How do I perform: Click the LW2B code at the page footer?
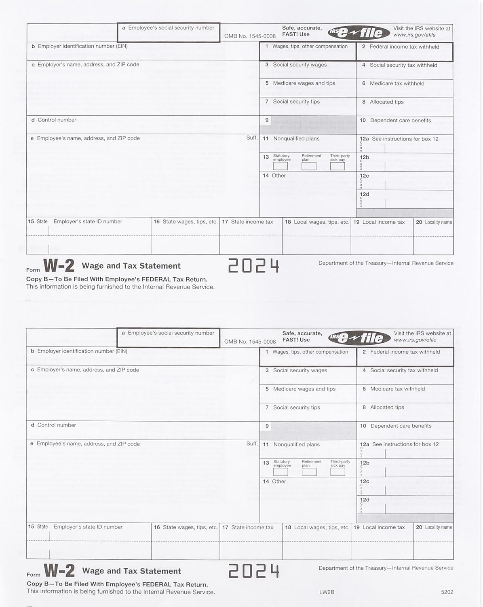[327, 592]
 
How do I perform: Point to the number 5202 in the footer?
[447, 592]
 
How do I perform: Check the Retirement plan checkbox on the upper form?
[309, 166]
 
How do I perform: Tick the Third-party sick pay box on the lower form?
[337, 471]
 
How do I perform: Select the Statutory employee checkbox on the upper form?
[281, 166]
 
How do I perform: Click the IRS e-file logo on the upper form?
[356, 32]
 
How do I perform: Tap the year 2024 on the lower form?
[254, 571]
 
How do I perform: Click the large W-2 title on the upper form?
[59, 266]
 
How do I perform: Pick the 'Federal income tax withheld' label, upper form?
[404, 47]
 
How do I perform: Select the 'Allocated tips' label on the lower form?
[387, 407]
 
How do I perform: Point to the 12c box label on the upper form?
[365, 176]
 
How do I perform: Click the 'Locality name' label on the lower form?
[439, 527]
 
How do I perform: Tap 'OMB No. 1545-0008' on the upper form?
[250, 36]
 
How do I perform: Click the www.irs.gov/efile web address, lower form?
[415, 340]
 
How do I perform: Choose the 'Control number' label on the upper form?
[57, 120]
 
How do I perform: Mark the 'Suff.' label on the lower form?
[252, 444]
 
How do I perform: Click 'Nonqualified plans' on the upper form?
[296, 139]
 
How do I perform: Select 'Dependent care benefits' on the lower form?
[401, 426]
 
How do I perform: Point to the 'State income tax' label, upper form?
[252, 222]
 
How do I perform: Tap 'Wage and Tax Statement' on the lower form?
[131, 571]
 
